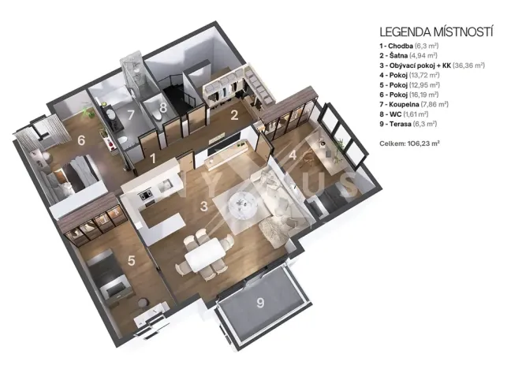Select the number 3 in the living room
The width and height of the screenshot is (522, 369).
[x=203, y=207]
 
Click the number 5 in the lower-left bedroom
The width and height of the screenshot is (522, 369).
[x=132, y=259]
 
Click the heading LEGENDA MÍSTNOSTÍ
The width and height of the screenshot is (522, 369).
[x=436, y=32]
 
